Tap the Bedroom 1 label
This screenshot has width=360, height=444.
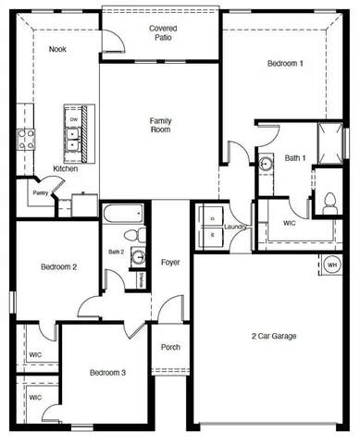pos(284,64)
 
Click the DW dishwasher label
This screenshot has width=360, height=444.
pos(71,119)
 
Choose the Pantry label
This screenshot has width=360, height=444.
pos(40,192)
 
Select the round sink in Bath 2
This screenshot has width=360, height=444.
pos(138,257)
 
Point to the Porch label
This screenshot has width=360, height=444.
pos(170,348)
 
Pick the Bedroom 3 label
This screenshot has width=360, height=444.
pos(107,373)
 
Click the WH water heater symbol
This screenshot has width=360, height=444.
pos(331,265)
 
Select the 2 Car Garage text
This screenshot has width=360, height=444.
pos(274,336)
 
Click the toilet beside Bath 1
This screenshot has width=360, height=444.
pos(329,201)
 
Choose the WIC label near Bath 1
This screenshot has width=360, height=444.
pos(289,223)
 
